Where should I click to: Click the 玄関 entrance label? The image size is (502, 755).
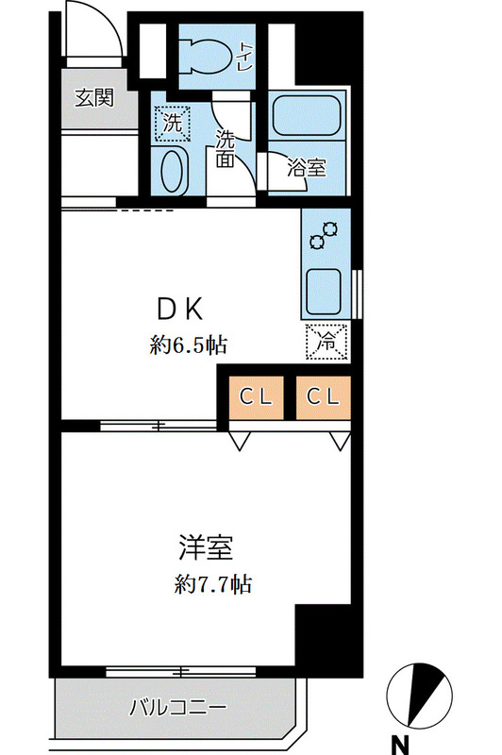click(94, 96)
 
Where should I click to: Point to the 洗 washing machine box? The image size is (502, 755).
click(173, 122)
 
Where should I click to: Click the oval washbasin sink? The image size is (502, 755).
click(172, 172)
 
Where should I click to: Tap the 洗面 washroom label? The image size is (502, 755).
click(226, 148)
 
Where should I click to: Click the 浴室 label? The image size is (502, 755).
click(306, 169)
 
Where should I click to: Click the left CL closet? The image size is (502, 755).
click(255, 397)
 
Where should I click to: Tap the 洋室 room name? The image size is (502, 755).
click(206, 547)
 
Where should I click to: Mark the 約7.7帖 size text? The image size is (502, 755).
click(212, 584)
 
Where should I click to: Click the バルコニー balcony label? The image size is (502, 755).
click(176, 706)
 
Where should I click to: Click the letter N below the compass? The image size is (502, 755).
click(402, 743)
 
